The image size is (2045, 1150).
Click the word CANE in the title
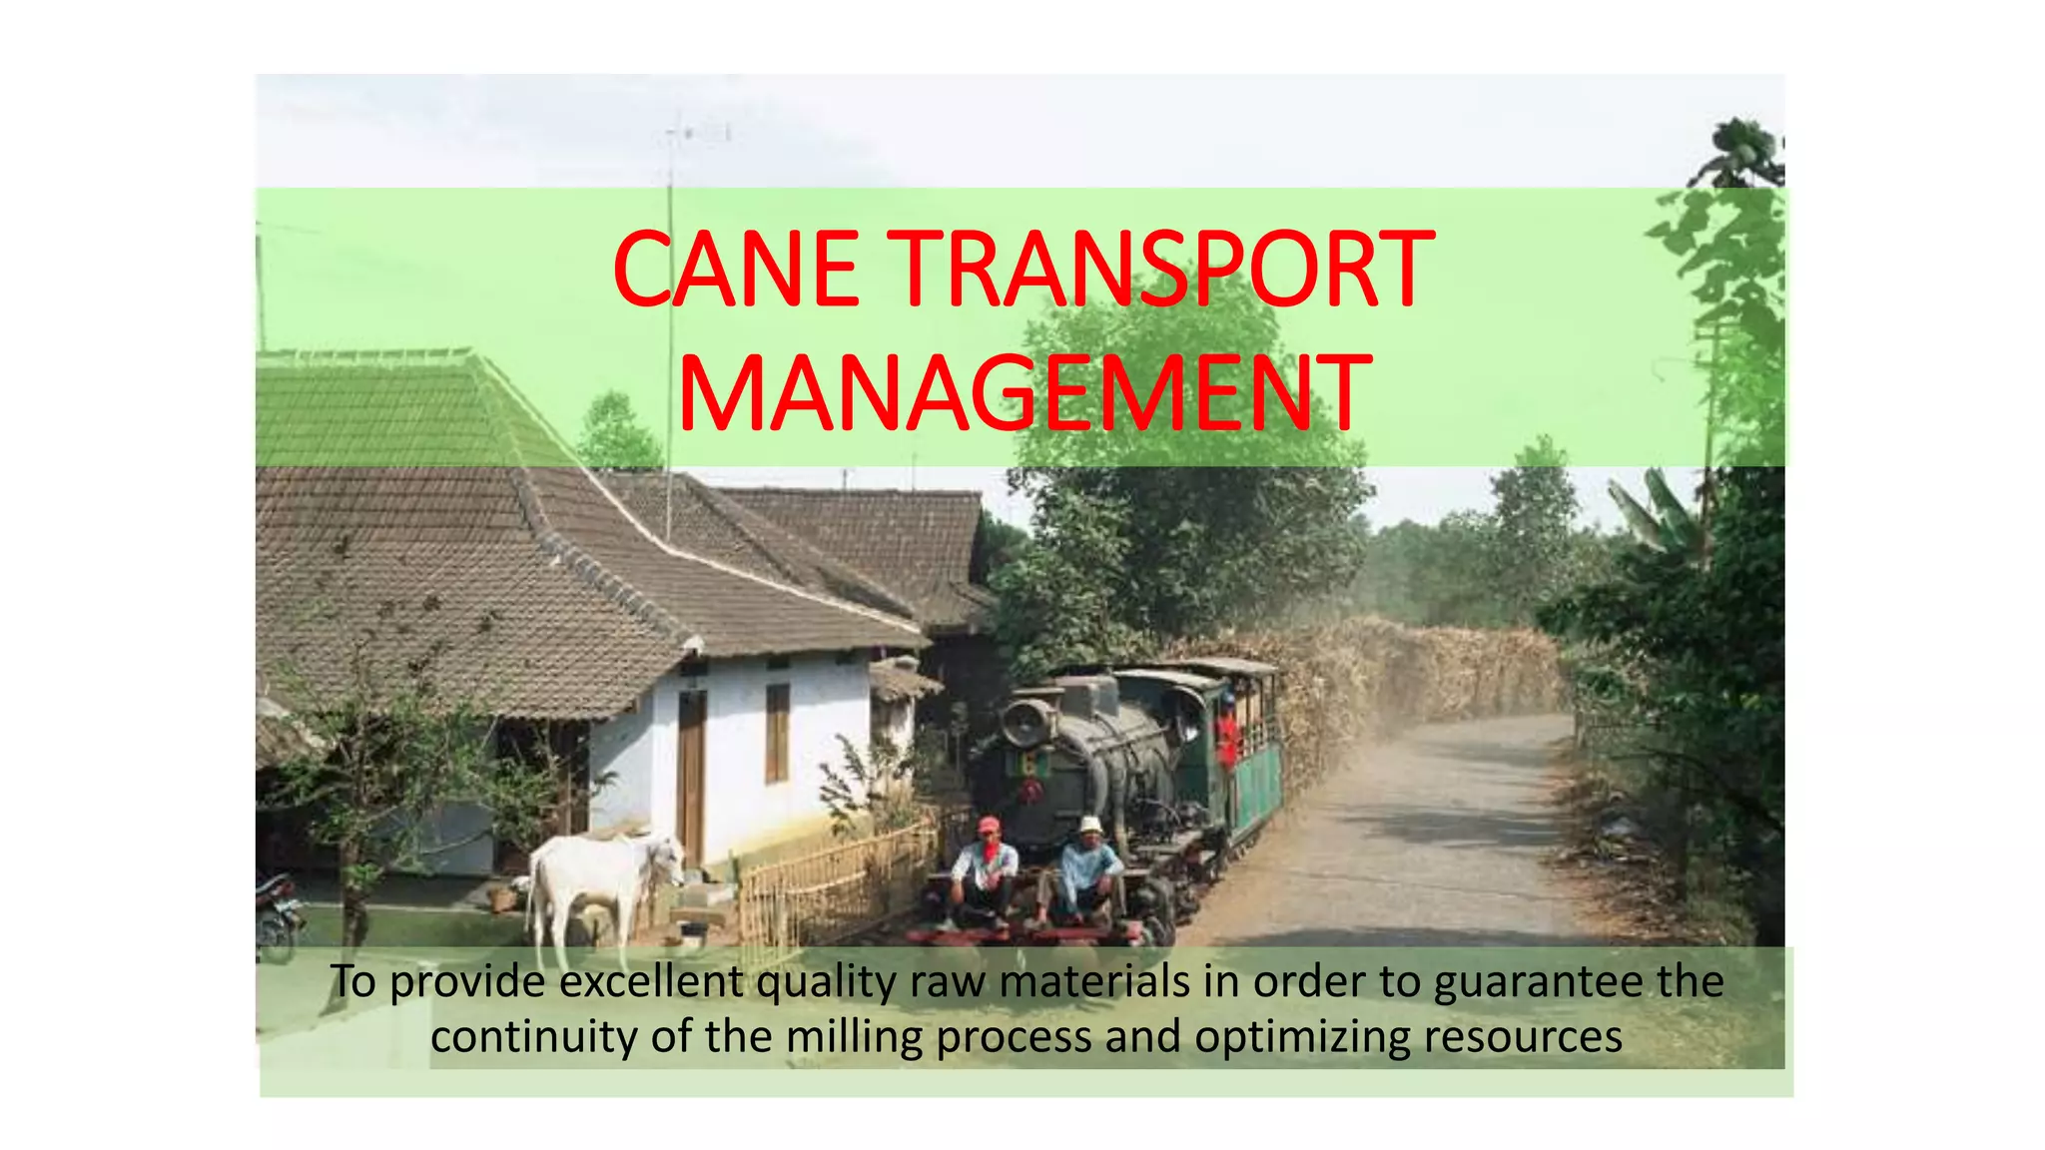736,271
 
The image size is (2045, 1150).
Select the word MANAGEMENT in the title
1022,393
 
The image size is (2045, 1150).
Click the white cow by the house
599,878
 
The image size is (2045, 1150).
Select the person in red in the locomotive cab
1227,734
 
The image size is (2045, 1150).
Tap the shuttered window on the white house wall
777,733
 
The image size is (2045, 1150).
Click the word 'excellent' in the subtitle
650,982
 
